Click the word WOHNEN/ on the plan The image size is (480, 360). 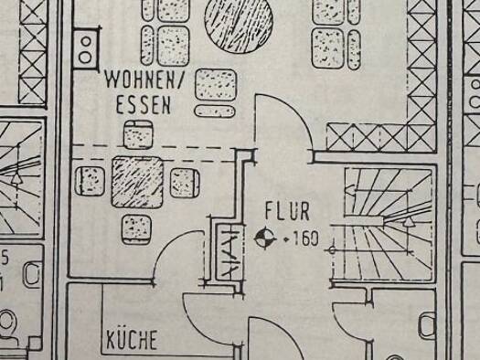(144, 80)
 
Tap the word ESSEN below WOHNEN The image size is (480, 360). (144, 105)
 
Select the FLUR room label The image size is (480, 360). (287, 211)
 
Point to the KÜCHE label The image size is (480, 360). (132, 339)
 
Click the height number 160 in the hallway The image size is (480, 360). (305, 238)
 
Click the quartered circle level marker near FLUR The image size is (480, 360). (265, 238)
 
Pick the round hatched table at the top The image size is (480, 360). (239, 24)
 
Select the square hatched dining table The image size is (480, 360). (137, 183)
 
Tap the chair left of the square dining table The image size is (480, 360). (90, 181)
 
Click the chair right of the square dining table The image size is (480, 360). (185, 183)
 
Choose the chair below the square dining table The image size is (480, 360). (136, 229)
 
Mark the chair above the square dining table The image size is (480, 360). (138, 134)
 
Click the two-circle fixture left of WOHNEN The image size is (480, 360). (86, 48)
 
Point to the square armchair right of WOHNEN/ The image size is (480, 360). (216, 84)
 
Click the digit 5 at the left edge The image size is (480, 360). (5, 259)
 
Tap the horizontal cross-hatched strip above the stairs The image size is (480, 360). (381, 137)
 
